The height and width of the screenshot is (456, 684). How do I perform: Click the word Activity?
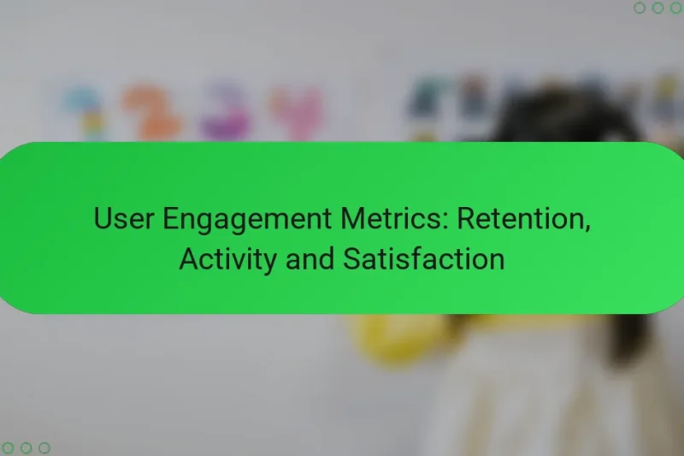click(x=228, y=258)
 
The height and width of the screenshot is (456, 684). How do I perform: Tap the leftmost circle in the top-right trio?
click(x=640, y=8)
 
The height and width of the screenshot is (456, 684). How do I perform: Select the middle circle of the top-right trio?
click(x=657, y=8)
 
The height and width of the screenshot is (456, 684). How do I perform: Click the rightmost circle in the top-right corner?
click(x=675, y=8)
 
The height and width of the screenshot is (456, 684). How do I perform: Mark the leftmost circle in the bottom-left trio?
click(x=9, y=447)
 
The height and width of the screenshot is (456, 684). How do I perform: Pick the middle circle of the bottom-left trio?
click(x=27, y=447)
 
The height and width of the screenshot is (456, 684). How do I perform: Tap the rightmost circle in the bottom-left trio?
click(x=44, y=447)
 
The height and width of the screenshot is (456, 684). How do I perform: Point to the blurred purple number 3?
click(x=224, y=111)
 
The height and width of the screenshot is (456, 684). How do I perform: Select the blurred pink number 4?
click(x=297, y=111)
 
